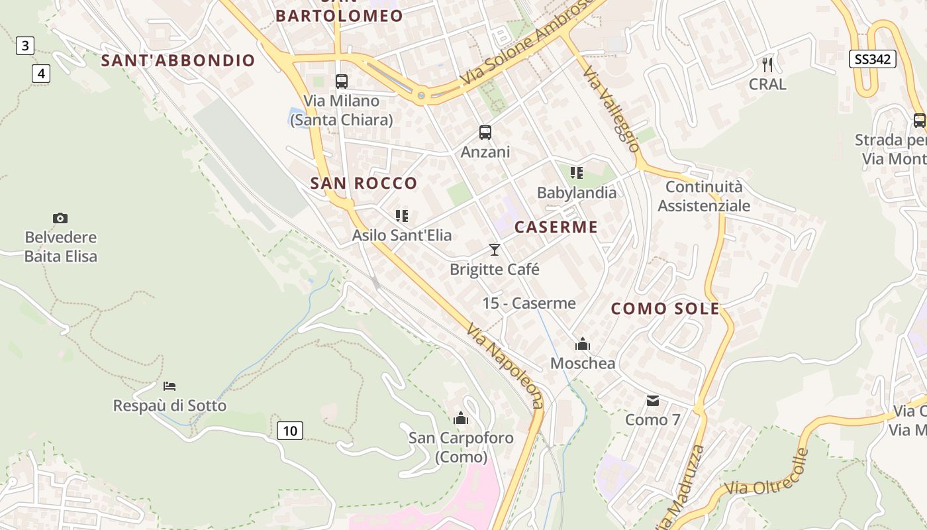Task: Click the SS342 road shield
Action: point(872,59)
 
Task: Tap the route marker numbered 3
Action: point(25,46)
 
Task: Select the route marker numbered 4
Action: point(41,73)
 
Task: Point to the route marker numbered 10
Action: point(290,431)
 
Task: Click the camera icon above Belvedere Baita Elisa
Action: point(60,218)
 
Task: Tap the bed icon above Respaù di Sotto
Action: point(170,386)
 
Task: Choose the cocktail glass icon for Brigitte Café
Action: point(494,250)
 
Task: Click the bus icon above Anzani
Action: point(485,132)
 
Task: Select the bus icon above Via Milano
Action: point(342,81)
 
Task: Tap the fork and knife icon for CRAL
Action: point(767,65)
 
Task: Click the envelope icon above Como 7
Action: point(653,400)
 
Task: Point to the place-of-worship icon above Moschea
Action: point(583,344)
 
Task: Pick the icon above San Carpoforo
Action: point(461,418)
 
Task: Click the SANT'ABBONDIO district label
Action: point(178,60)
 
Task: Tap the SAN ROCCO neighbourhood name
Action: point(364,184)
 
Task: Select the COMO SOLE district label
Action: point(665,309)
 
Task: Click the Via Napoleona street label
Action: point(505,365)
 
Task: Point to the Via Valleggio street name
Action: point(612,109)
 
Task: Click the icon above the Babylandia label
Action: point(577,173)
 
